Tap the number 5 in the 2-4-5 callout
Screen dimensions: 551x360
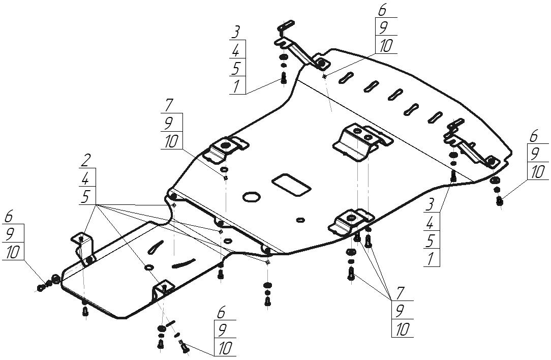(85, 197)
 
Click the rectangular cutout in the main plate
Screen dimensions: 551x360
(291, 185)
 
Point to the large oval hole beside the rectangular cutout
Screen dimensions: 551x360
(251, 197)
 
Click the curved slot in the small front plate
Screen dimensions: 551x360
(183, 263)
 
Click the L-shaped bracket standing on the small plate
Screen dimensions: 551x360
(84, 248)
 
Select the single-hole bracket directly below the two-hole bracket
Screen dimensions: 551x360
(350, 222)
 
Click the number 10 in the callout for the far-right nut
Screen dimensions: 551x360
(538, 172)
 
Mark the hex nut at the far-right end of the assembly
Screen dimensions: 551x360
(499, 202)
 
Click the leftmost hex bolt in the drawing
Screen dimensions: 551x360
(41, 288)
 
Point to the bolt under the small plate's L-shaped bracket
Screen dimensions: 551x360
(85, 312)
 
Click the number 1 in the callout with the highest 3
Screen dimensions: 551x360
(237, 86)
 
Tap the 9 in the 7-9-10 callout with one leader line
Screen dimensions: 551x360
(169, 123)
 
